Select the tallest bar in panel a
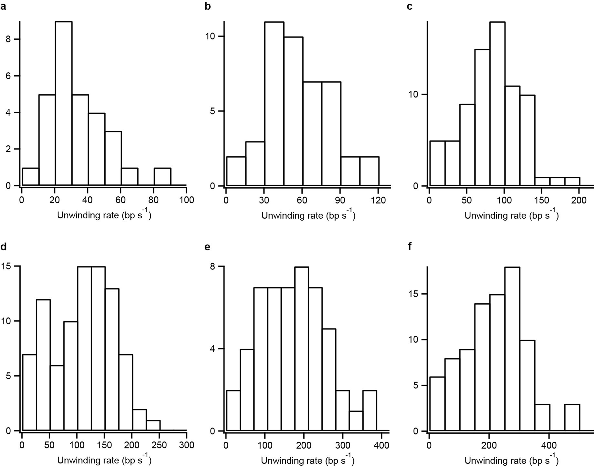64,103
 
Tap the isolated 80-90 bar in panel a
162,177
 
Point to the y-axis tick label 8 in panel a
8,39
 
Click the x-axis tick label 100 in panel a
186,200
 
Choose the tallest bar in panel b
274,103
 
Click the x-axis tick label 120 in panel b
379,201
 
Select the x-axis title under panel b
308,215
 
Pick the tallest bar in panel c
497,103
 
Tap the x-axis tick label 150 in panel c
542,201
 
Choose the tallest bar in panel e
301,349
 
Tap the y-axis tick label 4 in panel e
213,349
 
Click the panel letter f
410,247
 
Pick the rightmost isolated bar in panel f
572,417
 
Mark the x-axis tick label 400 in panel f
549,445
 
